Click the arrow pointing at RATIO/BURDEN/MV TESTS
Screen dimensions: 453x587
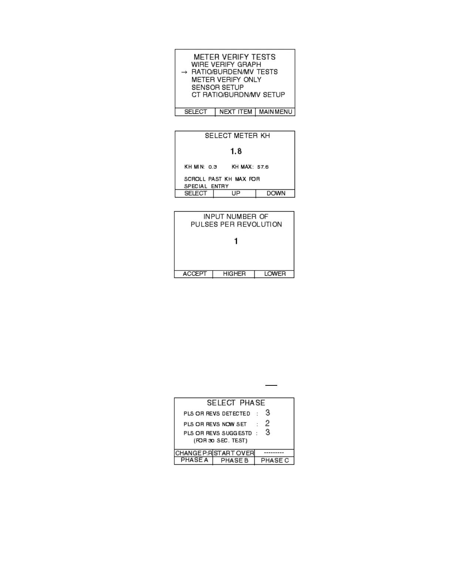click(184, 72)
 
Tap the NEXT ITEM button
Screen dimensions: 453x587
click(235, 112)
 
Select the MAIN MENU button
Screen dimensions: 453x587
click(275, 112)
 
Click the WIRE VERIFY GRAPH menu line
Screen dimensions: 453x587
click(226, 64)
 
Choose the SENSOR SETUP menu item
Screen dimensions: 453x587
click(218, 87)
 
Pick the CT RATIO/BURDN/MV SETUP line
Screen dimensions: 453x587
click(238, 95)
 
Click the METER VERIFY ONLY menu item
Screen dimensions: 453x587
click(226, 80)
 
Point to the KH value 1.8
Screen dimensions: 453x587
click(236, 151)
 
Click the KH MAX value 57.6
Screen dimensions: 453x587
click(263, 167)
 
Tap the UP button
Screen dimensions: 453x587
click(235, 193)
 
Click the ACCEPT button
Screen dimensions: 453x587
click(194, 274)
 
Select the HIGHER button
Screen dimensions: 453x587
click(234, 274)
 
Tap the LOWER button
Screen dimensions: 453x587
click(275, 274)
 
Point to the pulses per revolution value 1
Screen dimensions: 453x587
click(236, 241)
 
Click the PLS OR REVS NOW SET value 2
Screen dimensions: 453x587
click(267, 423)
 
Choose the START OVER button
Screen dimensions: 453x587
click(234, 453)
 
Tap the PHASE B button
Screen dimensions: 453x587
click(234, 461)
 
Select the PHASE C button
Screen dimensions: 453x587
click(275, 461)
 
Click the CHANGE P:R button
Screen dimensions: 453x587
click(194, 453)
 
